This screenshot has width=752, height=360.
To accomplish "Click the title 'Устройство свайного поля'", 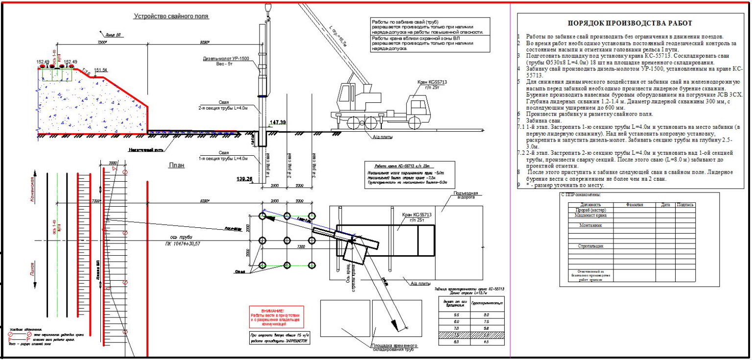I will (171, 16).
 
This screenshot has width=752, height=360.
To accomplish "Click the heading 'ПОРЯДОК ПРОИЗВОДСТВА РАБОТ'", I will (630, 23).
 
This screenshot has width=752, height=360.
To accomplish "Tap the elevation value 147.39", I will (278, 122).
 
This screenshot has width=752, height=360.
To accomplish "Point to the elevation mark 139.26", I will (243, 179).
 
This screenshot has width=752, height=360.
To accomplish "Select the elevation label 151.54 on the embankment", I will (101, 71).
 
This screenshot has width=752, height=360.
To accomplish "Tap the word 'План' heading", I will (176, 165).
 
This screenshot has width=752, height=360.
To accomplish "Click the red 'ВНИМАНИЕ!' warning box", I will (276, 317).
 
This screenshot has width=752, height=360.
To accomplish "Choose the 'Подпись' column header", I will (685, 205).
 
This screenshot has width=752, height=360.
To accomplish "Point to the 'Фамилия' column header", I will (634, 205).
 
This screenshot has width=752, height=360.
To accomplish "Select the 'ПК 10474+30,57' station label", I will (182, 243).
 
